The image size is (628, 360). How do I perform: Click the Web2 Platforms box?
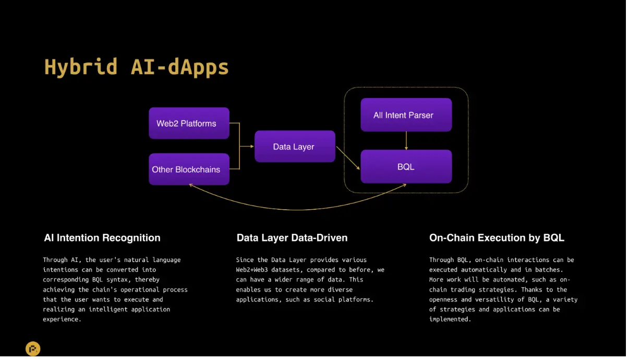point(189,123)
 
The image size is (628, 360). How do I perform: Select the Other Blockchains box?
point(189,169)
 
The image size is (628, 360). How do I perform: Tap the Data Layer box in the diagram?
point(295,147)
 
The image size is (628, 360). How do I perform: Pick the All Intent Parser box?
point(406,115)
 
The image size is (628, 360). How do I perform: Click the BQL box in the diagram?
point(406,166)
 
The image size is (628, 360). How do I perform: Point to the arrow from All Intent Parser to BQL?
point(406,140)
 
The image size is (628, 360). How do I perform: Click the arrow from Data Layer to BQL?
point(348,158)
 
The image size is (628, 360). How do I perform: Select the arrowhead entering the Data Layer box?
point(252,147)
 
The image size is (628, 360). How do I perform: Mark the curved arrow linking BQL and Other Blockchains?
point(298,209)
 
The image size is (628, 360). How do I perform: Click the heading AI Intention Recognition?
point(102,238)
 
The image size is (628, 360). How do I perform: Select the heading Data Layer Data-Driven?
point(292,238)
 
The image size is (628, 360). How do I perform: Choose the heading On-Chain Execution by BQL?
point(497,238)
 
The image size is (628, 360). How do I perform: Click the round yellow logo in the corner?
point(33,349)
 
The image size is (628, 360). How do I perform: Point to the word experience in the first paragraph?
point(62,319)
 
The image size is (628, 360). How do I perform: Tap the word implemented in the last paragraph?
point(450,319)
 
